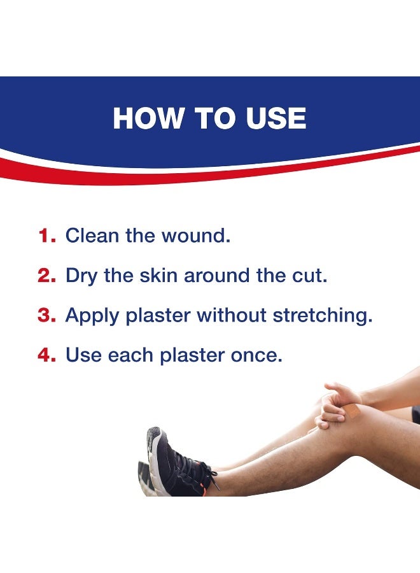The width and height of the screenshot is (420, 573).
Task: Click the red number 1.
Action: point(46,236)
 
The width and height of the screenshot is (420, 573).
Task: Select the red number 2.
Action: point(47,276)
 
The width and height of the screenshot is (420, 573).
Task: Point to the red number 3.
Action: point(47,315)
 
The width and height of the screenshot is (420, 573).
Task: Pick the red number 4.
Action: point(47,355)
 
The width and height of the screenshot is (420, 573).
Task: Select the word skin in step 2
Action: point(158,276)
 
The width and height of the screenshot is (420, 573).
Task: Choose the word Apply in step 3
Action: point(93,316)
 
